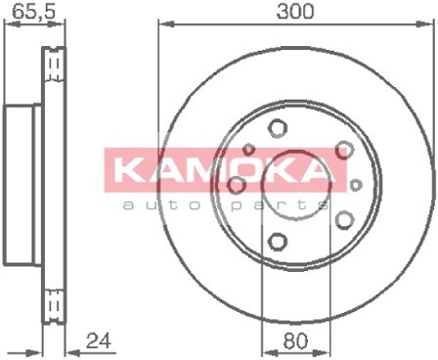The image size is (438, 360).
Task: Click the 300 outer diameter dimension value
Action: (x=294, y=11)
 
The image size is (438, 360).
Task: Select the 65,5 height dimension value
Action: (x=33, y=12)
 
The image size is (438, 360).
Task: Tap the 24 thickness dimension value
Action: (x=98, y=340)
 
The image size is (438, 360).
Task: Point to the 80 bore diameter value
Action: (x=295, y=341)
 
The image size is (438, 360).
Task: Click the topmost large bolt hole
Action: (x=278, y=127)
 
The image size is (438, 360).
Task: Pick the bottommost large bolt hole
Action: (x=279, y=242)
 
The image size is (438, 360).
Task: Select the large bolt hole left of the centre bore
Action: (x=237, y=185)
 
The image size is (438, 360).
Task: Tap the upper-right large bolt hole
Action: (x=344, y=150)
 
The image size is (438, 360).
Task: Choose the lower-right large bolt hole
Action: (x=344, y=220)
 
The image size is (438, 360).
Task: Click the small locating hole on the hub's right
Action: (x=356, y=185)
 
